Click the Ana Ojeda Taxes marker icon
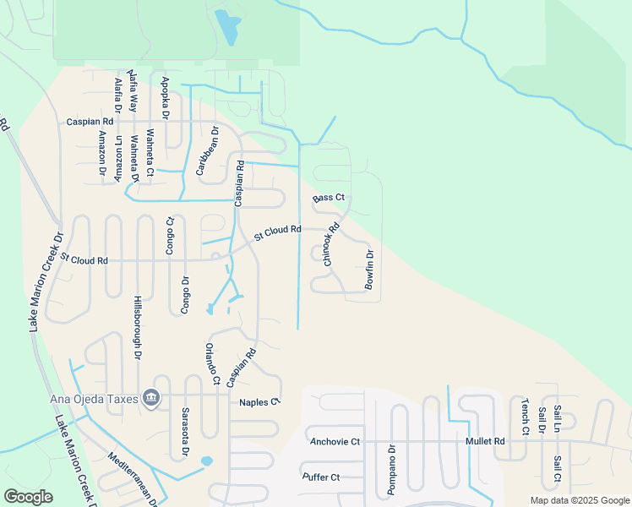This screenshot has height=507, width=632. point(151,397)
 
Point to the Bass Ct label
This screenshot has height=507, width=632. point(329,198)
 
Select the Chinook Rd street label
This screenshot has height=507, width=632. point(331,244)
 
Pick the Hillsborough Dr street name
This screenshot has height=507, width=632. point(137,328)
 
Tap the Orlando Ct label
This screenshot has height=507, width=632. point(211,364)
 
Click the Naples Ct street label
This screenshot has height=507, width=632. point(259,402)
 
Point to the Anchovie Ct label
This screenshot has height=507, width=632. point(335,441)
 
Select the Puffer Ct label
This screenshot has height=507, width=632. point(321,477)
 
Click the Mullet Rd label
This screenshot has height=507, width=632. point(485,441)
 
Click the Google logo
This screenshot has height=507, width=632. point(28,497)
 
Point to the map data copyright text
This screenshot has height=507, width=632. point(579,500)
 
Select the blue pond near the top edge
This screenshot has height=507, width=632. point(226,28)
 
